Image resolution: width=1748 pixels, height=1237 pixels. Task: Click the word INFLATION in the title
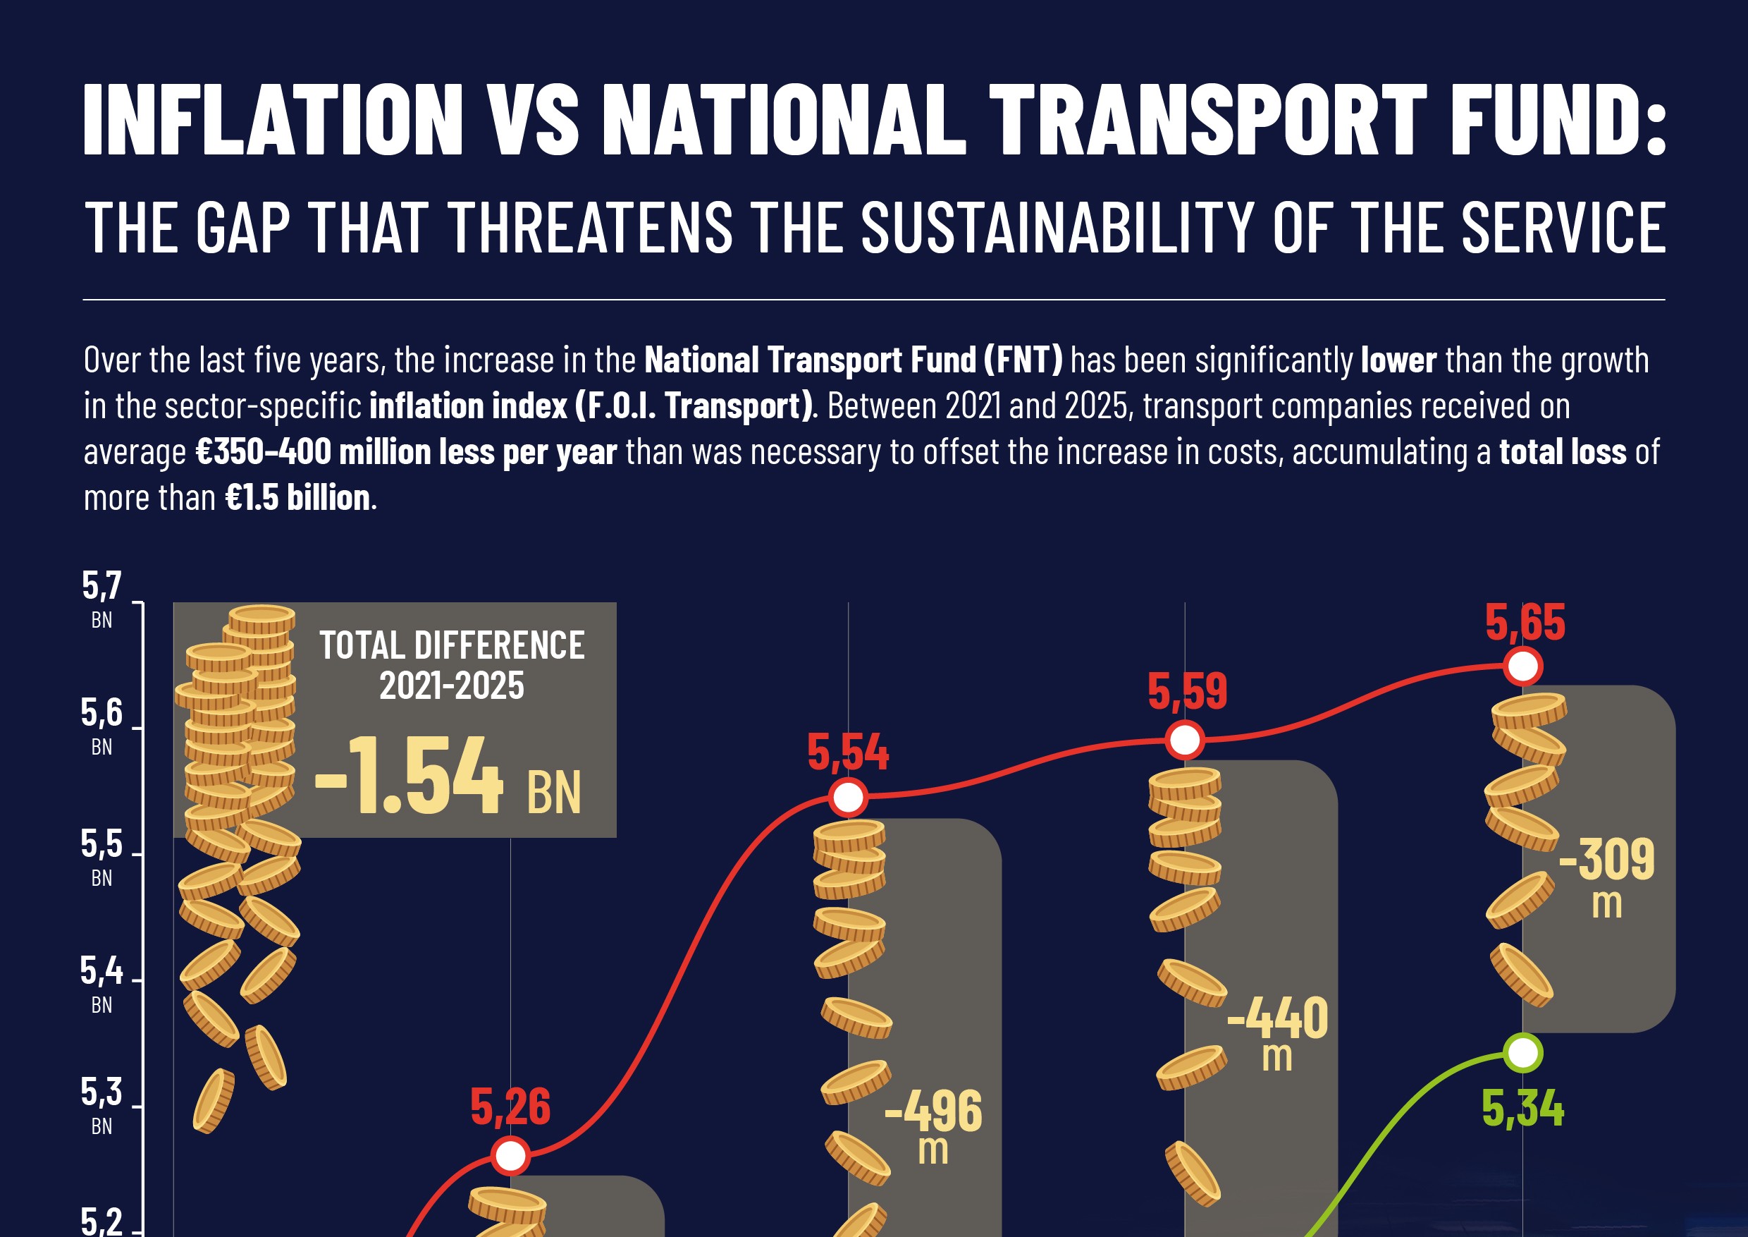(x=273, y=120)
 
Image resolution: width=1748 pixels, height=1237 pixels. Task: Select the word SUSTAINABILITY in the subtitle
(x=1057, y=228)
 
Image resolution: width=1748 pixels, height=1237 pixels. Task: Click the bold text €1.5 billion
(x=297, y=498)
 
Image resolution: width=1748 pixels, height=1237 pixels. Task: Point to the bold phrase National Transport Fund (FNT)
(x=853, y=360)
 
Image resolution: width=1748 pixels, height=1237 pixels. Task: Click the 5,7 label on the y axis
(x=101, y=587)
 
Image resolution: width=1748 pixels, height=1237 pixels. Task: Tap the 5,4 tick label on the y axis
(x=101, y=972)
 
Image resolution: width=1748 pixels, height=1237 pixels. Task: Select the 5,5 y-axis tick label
(x=101, y=845)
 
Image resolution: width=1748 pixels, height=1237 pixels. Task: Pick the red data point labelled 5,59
(x=1185, y=740)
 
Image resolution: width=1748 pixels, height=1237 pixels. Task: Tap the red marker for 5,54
(x=848, y=798)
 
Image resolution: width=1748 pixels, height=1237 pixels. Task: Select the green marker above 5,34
(x=1522, y=1053)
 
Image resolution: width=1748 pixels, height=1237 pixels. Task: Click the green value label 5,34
(x=1522, y=1109)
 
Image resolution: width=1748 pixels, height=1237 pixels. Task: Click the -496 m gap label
(x=933, y=1120)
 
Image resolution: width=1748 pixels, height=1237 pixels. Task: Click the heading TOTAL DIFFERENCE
(x=452, y=646)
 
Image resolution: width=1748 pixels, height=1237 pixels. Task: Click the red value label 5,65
(x=1525, y=623)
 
